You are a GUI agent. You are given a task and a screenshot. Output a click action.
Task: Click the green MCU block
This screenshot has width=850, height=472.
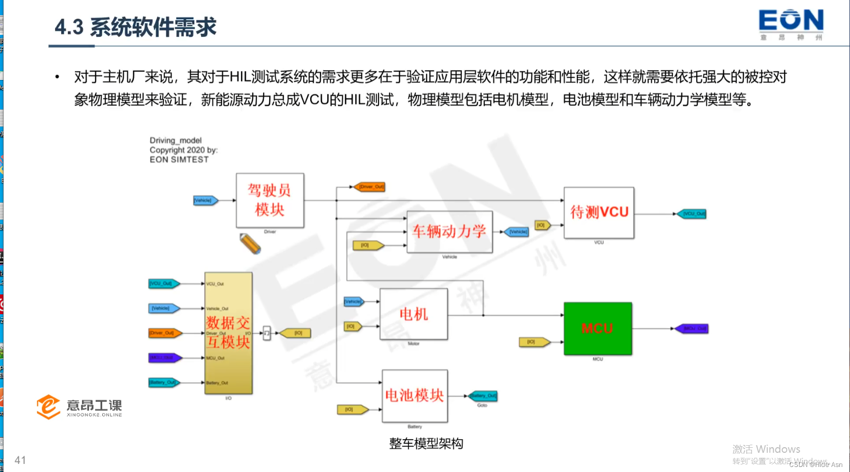pos(598,328)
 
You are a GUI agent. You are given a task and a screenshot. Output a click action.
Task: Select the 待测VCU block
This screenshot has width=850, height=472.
pos(599,212)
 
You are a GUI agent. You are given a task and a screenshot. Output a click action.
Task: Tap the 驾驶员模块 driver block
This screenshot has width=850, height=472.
pos(270,200)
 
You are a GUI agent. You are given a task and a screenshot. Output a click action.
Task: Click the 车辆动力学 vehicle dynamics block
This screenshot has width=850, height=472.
pos(449,232)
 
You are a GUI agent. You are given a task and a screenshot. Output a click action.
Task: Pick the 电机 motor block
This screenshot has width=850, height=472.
pos(413,314)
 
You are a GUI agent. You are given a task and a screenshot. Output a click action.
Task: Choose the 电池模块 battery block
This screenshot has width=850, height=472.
pos(414,396)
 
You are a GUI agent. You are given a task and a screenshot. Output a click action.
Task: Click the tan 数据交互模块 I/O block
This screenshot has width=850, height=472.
pos(228,333)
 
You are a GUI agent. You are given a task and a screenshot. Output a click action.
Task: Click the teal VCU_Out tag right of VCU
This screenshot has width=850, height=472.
pos(692,214)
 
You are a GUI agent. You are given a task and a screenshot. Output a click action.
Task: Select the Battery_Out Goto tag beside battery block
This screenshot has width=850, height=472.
pos(483,396)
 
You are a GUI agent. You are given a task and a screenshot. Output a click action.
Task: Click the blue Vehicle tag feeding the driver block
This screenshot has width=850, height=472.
pos(205,200)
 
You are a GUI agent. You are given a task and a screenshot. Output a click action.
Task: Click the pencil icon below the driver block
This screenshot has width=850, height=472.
pos(250,243)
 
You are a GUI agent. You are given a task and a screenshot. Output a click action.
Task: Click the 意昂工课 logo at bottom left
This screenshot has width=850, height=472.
pos(79,407)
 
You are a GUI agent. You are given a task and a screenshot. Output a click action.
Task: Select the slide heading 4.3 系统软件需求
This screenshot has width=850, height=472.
pos(136,27)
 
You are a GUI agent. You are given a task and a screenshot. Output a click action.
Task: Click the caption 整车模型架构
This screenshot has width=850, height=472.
pos(426,444)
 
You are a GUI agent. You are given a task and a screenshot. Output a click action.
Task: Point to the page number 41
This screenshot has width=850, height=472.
pos(20,460)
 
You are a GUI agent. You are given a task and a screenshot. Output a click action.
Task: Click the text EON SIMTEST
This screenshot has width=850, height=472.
pos(179,159)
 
